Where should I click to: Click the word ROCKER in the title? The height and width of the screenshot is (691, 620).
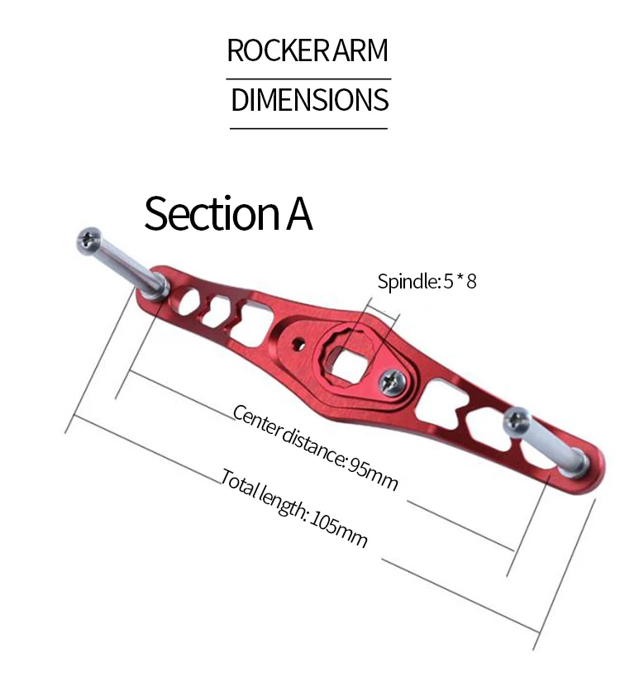click(x=279, y=50)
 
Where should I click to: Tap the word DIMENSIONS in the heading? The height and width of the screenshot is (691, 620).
click(x=310, y=99)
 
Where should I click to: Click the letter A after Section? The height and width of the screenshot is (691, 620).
click(x=299, y=215)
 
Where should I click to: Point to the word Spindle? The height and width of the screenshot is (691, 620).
click(x=408, y=281)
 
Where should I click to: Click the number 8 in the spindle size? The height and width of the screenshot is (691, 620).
click(x=471, y=281)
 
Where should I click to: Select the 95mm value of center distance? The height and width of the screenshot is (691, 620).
click(x=373, y=474)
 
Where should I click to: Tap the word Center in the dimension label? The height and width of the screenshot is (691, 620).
click(x=255, y=421)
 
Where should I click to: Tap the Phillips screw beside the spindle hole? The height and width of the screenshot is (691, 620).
click(x=393, y=381)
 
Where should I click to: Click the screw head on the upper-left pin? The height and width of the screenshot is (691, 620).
click(x=88, y=241)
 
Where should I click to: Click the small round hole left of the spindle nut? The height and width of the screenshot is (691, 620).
click(x=299, y=344)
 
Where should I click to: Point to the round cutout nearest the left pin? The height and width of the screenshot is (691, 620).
click(x=188, y=301)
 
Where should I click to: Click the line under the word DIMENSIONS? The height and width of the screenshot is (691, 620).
click(x=308, y=129)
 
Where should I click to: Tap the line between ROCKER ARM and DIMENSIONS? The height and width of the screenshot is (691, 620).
click(x=308, y=79)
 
